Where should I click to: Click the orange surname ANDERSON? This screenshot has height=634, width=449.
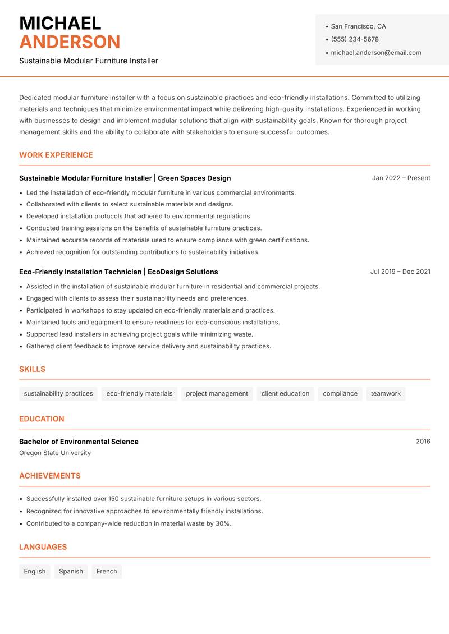pos(70,42)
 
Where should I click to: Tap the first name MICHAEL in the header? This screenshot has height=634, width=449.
pos(60,24)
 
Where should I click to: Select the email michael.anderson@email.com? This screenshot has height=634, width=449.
pos(375,53)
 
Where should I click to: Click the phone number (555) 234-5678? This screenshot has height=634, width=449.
pos(355,39)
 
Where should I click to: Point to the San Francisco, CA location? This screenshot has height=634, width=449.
pos(358,26)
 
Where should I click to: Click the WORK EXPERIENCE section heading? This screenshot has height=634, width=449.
pos(56,155)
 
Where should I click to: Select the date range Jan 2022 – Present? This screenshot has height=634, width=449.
pos(401,178)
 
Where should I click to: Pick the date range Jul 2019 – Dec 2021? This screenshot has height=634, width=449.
pos(400,272)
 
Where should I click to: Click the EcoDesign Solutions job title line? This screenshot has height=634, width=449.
pos(118,272)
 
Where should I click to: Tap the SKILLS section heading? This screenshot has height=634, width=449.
pos(32,369)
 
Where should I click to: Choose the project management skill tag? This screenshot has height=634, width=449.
pos(217,394)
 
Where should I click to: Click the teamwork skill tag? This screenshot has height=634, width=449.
pos(386,394)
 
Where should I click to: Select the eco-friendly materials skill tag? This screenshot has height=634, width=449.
pos(139,394)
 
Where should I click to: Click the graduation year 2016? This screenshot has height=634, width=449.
pos(423,442)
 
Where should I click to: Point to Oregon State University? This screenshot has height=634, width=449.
pos(55,453)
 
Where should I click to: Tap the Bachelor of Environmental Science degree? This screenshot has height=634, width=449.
pos(79,442)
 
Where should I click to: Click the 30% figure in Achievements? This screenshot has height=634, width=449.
pos(223,523)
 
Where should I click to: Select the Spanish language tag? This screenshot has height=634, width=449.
pos(71,572)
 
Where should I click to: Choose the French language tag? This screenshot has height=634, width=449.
pos(107,572)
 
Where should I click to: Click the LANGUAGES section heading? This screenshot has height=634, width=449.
pos(43,547)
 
